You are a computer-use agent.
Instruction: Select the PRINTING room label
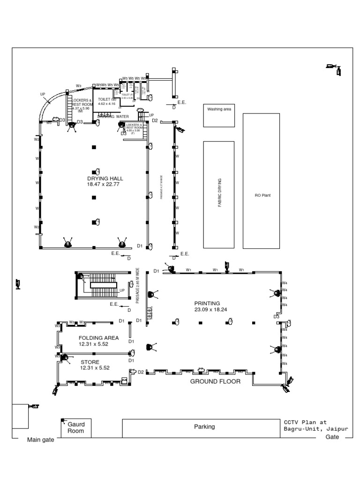207,303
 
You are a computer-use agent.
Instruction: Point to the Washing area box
219,114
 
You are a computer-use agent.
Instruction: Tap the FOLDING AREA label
98,337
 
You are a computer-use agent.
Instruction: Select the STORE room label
90,362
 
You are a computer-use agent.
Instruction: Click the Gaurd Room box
76,427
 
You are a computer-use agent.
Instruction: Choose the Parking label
204,427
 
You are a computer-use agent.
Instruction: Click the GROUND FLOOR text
215,382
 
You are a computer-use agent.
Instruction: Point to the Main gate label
40,440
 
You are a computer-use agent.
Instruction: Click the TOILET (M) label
106,98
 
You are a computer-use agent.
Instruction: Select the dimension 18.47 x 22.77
103,185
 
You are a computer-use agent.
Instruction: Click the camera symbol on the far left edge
18,283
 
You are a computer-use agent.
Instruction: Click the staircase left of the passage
99,285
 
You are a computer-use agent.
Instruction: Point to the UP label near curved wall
43,94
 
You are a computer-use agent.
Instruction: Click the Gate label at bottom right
332,437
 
